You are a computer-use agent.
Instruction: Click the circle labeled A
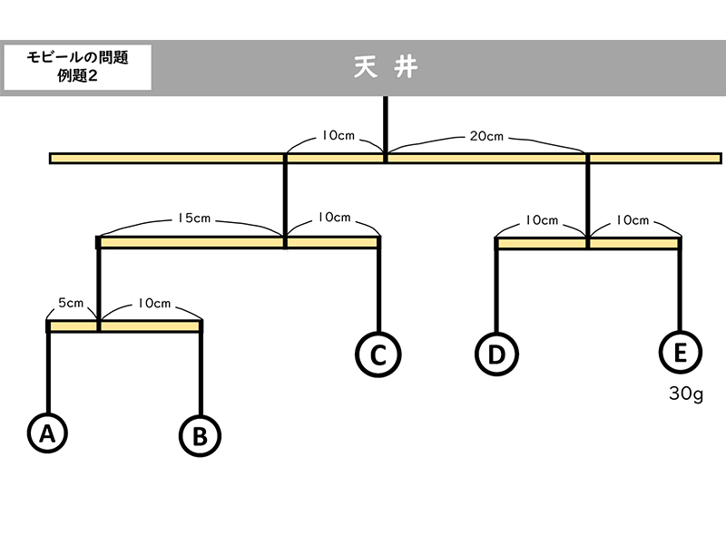48,433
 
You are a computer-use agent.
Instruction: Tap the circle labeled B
200,435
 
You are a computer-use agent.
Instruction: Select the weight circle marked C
378,354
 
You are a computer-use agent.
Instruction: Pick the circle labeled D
496,354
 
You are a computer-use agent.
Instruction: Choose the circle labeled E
680,353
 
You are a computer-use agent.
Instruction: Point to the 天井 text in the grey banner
386,68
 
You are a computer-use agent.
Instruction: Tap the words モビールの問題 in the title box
77,57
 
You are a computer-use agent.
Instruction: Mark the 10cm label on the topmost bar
338,136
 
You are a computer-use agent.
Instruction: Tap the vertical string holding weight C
378,290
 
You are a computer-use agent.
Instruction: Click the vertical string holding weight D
496,290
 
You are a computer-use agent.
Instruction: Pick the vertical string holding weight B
200,372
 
